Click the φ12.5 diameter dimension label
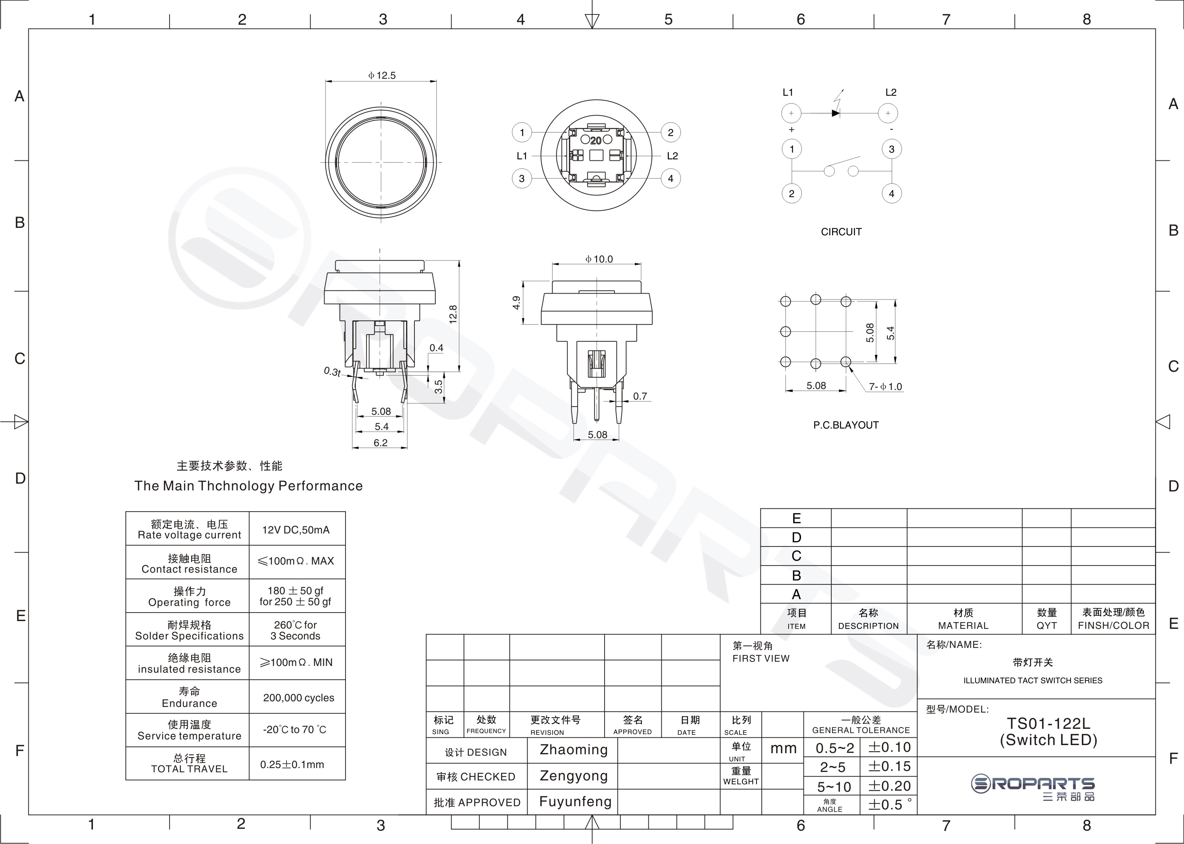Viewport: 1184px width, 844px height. click(382, 75)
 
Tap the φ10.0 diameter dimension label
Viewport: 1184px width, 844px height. click(599, 259)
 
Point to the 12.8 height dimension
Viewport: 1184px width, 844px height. click(453, 314)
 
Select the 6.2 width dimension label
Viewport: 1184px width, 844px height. click(381, 443)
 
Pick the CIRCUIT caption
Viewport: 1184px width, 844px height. click(841, 232)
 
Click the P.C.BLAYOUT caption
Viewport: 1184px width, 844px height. click(846, 425)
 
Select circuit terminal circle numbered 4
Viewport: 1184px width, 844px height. click(891, 194)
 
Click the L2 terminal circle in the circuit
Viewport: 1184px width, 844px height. click(888, 113)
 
